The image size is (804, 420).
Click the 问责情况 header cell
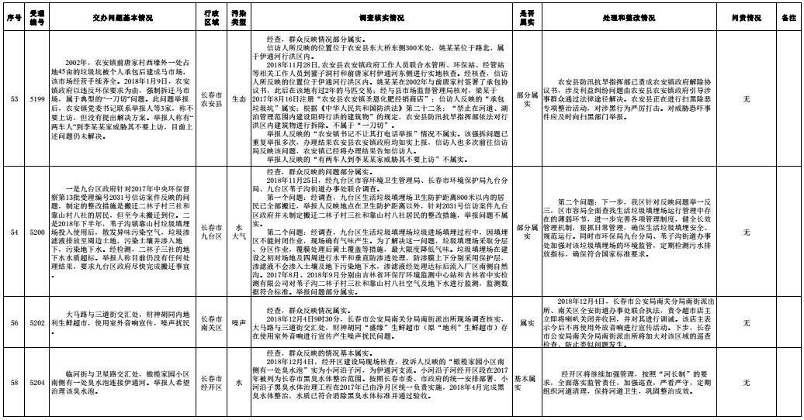745,16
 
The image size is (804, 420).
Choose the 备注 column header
789,16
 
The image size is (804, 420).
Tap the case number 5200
36,232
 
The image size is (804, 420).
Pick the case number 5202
36,318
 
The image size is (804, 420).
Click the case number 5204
36,382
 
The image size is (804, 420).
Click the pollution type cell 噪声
239,318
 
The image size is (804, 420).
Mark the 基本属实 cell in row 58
525,382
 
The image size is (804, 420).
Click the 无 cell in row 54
745,232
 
